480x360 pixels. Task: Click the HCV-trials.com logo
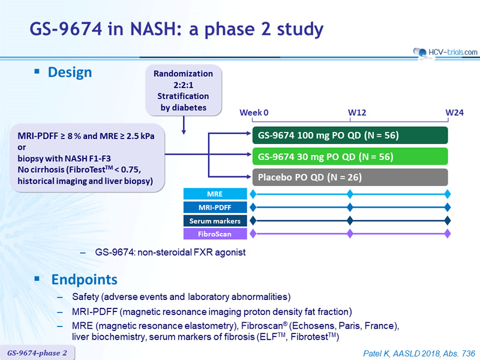(445, 52)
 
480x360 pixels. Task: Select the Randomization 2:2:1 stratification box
(184, 91)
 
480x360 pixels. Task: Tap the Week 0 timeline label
(254, 113)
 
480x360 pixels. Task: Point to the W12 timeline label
(357, 113)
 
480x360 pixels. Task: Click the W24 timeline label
(455, 113)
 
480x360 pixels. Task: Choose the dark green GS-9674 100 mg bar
(350, 136)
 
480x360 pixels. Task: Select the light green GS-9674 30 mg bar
(350, 157)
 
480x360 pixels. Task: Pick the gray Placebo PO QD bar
(350, 177)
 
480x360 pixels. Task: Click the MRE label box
(215, 194)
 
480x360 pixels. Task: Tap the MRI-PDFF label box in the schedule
(215, 207)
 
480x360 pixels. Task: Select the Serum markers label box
(215, 221)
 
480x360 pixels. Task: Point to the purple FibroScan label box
(215, 234)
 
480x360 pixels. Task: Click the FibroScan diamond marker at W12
(350, 234)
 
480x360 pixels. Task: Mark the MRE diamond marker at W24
(447, 194)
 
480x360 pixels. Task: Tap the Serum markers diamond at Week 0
(253, 220)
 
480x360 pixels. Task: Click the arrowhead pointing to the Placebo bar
(248, 176)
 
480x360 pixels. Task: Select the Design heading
(70, 73)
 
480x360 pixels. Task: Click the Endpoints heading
(84, 280)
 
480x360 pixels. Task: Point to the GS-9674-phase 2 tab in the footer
(37, 353)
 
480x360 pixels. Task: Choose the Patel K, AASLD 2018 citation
(419, 353)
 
